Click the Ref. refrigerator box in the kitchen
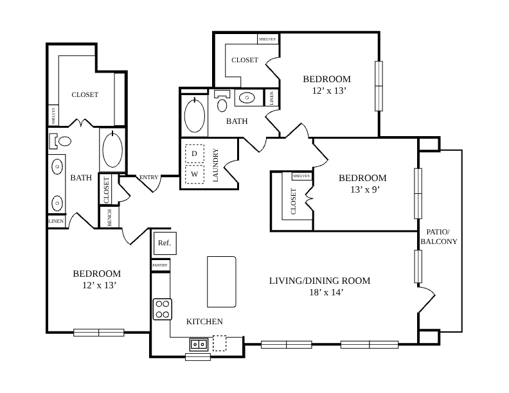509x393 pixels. tap(165, 243)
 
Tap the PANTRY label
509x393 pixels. tap(160, 265)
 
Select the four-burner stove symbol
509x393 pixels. tap(163, 310)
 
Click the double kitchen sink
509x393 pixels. tap(199, 344)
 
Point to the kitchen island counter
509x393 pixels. tap(222, 282)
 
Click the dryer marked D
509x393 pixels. tap(195, 153)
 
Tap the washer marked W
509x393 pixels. tap(195, 175)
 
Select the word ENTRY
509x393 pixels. tap(148, 177)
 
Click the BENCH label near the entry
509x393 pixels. tap(109, 218)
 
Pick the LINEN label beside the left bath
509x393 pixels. tap(56, 221)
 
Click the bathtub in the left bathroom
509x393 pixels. tap(112, 149)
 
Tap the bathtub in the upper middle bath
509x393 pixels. tap(195, 115)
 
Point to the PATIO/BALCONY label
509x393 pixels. tap(438, 237)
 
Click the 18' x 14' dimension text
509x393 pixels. tap(326, 292)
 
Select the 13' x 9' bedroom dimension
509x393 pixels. tap(365, 189)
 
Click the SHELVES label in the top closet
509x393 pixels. tap(267, 39)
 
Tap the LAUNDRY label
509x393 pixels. tap(215, 165)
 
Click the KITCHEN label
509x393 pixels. tap(204, 322)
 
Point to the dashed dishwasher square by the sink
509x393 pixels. tap(219, 343)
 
